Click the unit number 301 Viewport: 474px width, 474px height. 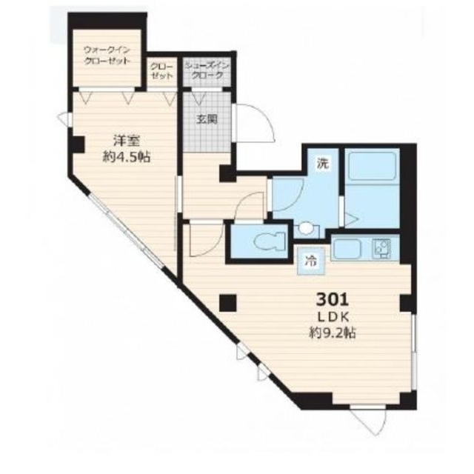333,300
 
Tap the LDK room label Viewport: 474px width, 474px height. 333,317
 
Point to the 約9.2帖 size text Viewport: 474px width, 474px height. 332,333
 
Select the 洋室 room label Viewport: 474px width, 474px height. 126,141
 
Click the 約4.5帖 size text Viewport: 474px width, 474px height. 126,157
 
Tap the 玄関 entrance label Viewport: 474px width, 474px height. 207,120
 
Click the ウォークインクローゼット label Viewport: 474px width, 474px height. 107,55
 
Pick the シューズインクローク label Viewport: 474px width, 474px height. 207,70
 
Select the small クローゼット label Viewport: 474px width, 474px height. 162,71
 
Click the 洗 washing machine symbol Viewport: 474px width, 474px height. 322,164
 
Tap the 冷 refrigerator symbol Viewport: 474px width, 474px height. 311,261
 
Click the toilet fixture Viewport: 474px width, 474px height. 270,241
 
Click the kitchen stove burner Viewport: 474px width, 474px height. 381,248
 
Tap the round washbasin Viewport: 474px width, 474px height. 306,228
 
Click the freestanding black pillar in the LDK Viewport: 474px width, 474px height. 228,303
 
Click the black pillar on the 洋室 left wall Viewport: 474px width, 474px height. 78,144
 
